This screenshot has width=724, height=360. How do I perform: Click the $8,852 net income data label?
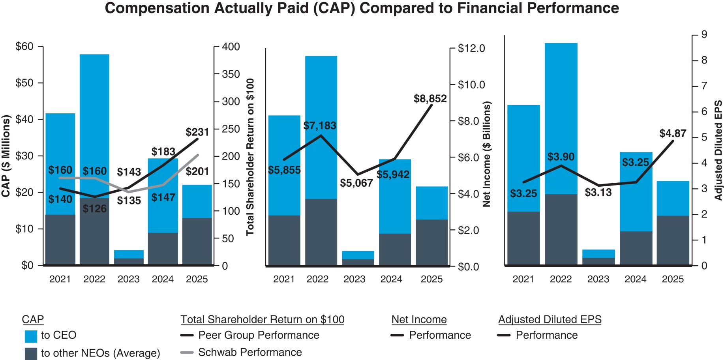click(430, 99)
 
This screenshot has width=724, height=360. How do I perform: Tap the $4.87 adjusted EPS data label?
click(673, 133)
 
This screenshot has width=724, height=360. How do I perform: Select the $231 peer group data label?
click(197, 132)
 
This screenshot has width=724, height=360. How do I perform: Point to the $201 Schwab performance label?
click(197, 171)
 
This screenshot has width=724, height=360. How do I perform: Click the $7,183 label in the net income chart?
click(320, 126)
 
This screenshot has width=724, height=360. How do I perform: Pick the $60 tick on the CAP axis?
click(24, 47)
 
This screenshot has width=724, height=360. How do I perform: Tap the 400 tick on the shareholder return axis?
click(231, 47)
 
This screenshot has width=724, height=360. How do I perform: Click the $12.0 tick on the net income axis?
click(471, 49)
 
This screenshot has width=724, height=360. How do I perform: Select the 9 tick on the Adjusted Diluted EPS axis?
click(704, 35)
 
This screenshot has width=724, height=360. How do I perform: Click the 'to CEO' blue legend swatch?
click(31, 336)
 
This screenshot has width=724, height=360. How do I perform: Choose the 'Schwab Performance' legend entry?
click(249, 352)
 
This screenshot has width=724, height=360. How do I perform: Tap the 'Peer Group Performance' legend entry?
click(258, 335)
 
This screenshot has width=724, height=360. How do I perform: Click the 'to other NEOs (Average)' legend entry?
click(100, 353)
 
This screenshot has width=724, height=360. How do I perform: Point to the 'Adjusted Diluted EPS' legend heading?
click(550, 319)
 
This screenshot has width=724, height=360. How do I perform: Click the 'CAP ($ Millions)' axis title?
click(6, 156)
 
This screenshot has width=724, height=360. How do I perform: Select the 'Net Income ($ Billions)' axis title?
click(487, 154)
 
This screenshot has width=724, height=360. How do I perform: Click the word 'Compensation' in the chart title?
click(157, 8)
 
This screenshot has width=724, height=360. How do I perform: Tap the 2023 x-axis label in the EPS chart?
click(598, 279)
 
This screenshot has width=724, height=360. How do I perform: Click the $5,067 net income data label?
click(356, 183)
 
